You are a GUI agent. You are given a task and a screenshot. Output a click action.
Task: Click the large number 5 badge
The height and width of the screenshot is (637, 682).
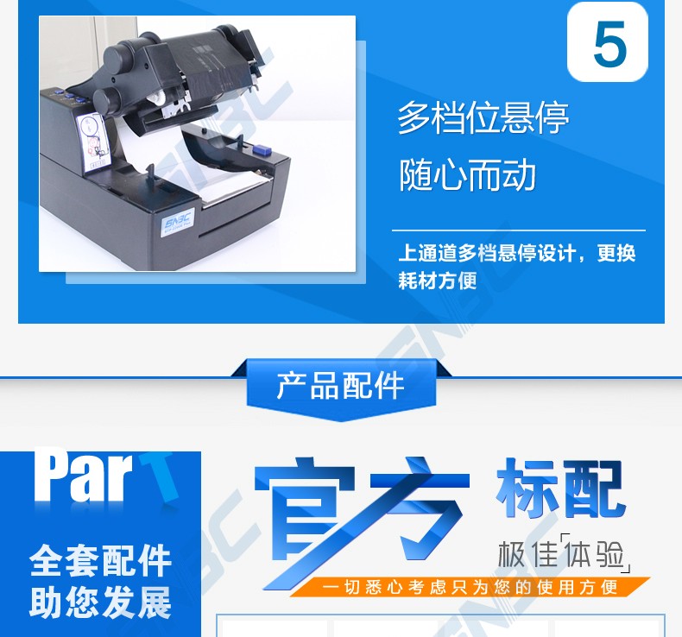click(x=608, y=42)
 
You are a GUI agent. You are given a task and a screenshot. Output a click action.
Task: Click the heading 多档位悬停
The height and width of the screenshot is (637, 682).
click(x=483, y=117)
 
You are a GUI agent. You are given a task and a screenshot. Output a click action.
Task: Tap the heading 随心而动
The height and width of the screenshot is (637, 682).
click(x=467, y=175)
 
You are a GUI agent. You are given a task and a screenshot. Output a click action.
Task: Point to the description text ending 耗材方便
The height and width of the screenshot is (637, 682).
click(x=517, y=266)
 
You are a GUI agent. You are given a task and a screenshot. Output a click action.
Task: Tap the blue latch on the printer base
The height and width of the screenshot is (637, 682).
click(x=262, y=149)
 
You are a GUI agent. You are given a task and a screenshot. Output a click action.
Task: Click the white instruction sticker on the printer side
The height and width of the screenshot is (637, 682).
click(x=92, y=142)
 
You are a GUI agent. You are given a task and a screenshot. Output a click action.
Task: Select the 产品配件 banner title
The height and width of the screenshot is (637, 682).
click(x=340, y=386)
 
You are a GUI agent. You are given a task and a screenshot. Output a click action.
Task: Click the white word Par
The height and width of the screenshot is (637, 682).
click(x=84, y=476)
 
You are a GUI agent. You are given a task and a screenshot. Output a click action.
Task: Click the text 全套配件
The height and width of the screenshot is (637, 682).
click(x=100, y=561)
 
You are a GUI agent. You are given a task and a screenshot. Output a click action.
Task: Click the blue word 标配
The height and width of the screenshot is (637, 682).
click(x=560, y=489)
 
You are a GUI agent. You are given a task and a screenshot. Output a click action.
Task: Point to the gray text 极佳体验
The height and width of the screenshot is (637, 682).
click(x=564, y=554)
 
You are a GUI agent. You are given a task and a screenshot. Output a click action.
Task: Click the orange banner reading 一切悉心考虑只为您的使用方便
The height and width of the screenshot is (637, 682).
click(x=470, y=588)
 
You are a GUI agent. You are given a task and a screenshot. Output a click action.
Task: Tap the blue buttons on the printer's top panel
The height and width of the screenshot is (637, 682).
click(x=69, y=96)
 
